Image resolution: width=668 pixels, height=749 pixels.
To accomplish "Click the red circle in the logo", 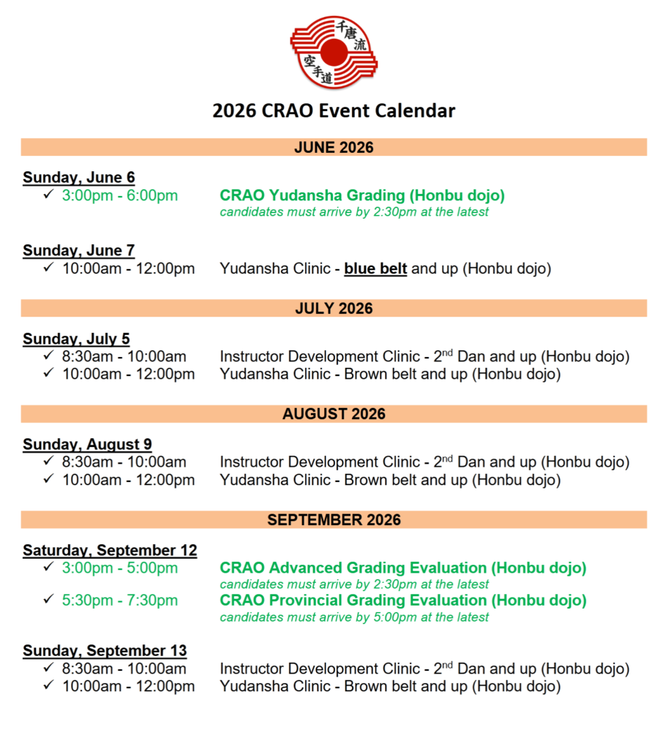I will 334,51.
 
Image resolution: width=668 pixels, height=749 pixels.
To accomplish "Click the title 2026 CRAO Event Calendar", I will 334,111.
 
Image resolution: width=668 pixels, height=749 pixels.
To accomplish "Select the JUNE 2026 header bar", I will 334,148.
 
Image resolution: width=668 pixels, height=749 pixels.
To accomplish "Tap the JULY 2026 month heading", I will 334,309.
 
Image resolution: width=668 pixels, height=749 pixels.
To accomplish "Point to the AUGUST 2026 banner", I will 334,414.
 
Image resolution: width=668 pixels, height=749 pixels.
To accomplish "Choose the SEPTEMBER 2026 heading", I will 334,520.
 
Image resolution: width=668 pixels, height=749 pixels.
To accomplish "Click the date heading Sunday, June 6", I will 78,178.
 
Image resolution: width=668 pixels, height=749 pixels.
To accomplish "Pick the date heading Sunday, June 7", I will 78,251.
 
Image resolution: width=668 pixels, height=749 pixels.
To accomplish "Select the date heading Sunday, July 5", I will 76,339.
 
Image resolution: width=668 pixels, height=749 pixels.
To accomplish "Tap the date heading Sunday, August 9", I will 87,445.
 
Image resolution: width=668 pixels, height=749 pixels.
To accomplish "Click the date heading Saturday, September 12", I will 110,551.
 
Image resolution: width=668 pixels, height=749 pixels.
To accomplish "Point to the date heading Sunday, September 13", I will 105,651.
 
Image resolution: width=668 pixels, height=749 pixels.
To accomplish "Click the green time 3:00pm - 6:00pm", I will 120,195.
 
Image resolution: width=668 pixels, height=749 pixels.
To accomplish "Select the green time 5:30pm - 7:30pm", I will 120,601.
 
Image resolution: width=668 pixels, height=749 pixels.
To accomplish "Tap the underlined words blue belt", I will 375,268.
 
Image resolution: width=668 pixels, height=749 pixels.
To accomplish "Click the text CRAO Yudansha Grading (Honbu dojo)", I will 362,195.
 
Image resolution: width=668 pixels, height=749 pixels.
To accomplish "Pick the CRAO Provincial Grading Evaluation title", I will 403,601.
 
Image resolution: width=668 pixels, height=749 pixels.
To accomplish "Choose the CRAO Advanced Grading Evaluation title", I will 403,568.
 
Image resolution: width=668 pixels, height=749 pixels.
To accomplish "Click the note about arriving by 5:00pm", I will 354,617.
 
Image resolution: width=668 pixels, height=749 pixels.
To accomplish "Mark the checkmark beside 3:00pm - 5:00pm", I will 48,567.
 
